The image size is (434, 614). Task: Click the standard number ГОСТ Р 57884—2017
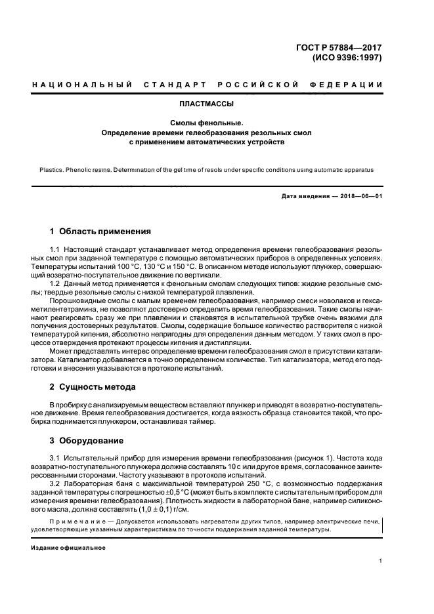(x=341, y=47)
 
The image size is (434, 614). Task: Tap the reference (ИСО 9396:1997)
(x=346, y=57)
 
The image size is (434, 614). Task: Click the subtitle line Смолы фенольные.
(x=207, y=123)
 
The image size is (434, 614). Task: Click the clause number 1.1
(x=56, y=251)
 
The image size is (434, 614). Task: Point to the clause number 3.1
(x=56, y=457)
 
